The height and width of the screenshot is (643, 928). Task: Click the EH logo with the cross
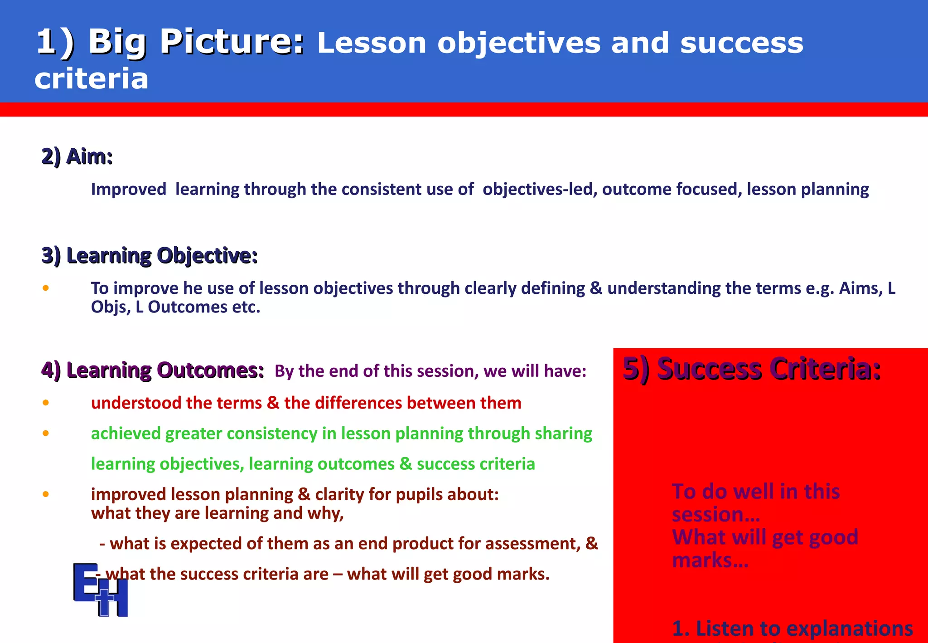point(101,589)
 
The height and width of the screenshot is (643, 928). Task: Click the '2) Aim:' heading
point(77,157)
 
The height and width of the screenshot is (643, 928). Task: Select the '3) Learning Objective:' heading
point(150,256)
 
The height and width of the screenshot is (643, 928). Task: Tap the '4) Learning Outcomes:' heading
point(152,370)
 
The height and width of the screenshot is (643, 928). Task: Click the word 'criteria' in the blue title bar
point(92,79)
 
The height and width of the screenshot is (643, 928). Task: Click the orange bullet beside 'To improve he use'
point(46,288)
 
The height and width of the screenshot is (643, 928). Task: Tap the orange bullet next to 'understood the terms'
point(46,403)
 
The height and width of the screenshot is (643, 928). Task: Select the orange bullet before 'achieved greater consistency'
point(46,433)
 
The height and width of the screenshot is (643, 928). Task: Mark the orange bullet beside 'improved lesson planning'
point(46,494)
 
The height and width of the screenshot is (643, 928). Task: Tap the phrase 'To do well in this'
point(755,492)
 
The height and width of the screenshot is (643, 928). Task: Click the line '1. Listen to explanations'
point(792,628)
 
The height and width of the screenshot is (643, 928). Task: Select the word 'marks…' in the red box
point(710,560)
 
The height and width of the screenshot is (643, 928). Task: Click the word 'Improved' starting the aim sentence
point(129,190)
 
